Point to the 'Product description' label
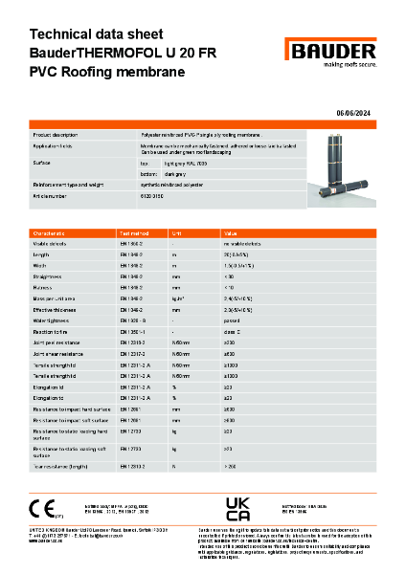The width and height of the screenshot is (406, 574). [x=55, y=136]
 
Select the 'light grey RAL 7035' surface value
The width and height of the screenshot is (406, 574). [x=188, y=164]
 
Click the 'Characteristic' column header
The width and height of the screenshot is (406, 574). [x=49, y=232]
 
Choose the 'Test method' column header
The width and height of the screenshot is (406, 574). [x=131, y=232]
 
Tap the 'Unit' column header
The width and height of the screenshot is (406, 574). [x=176, y=232]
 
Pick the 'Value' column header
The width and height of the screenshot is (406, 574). [x=230, y=232]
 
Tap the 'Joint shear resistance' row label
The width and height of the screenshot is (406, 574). [x=58, y=354]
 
